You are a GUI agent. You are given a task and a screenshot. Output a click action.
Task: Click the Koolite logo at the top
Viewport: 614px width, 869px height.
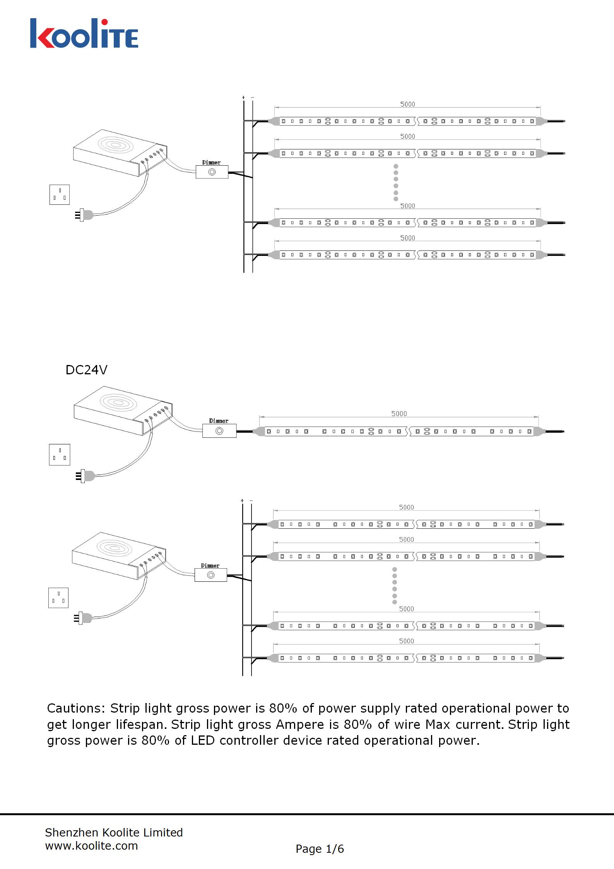tap(84, 34)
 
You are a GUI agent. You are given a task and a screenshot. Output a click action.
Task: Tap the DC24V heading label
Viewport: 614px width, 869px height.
tap(86, 370)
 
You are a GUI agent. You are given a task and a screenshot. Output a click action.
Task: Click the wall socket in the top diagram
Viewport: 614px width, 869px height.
tap(60, 195)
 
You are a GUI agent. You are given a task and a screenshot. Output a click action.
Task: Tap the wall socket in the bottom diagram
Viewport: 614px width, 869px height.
tap(58, 598)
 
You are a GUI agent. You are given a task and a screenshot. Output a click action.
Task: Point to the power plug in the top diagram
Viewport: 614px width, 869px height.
tap(85, 215)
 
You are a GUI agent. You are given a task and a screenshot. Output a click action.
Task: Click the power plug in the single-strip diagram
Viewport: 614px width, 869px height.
tap(86, 476)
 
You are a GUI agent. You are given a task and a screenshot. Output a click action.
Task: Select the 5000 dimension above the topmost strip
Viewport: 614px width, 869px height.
tap(407, 104)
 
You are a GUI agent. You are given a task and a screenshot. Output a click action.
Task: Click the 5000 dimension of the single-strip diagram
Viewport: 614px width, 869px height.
tap(399, 414)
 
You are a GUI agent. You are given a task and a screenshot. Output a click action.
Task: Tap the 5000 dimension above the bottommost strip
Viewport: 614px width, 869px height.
tap(406, 641)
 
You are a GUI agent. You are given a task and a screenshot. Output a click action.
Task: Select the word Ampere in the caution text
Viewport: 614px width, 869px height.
tap(300, 724)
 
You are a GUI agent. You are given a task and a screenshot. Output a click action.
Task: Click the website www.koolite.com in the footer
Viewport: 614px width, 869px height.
tap(91, 846)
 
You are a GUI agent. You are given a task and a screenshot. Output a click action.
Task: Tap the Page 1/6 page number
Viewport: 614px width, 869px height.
tap(320, 849)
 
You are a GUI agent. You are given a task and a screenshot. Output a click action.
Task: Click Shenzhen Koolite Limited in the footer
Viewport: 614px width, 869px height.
tap(114, 833)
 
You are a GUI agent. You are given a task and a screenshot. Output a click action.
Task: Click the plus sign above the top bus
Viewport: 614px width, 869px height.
tap(243, 98)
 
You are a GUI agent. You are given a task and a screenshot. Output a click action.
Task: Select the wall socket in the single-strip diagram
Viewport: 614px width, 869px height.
tap(60, 454)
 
